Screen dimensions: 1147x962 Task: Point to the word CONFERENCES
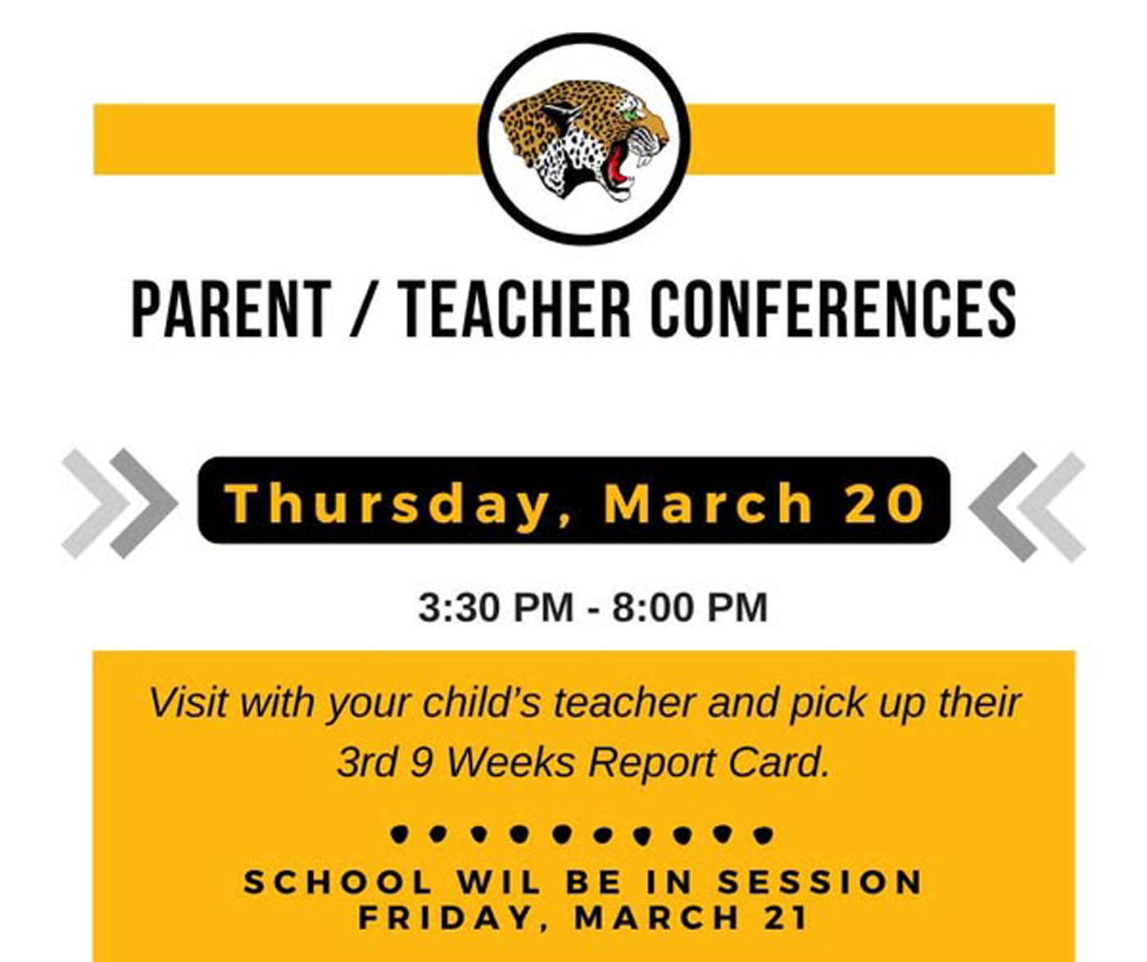[x=833, y=309]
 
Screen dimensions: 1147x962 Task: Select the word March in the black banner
[x=708, y=502]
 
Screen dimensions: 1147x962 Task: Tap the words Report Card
[x=708, y=763]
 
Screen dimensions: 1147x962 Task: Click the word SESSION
[x=819, y=882]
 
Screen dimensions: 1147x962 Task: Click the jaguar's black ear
[x=561, y=112]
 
